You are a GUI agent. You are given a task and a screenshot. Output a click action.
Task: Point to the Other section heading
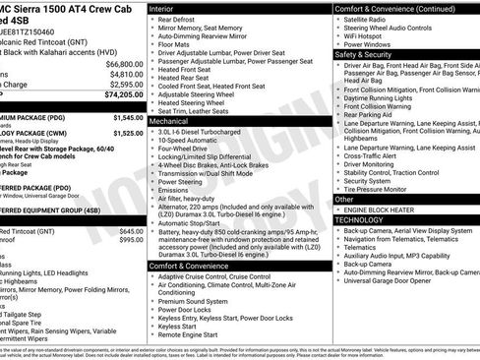pyautogui.click(x=344, y=199)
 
